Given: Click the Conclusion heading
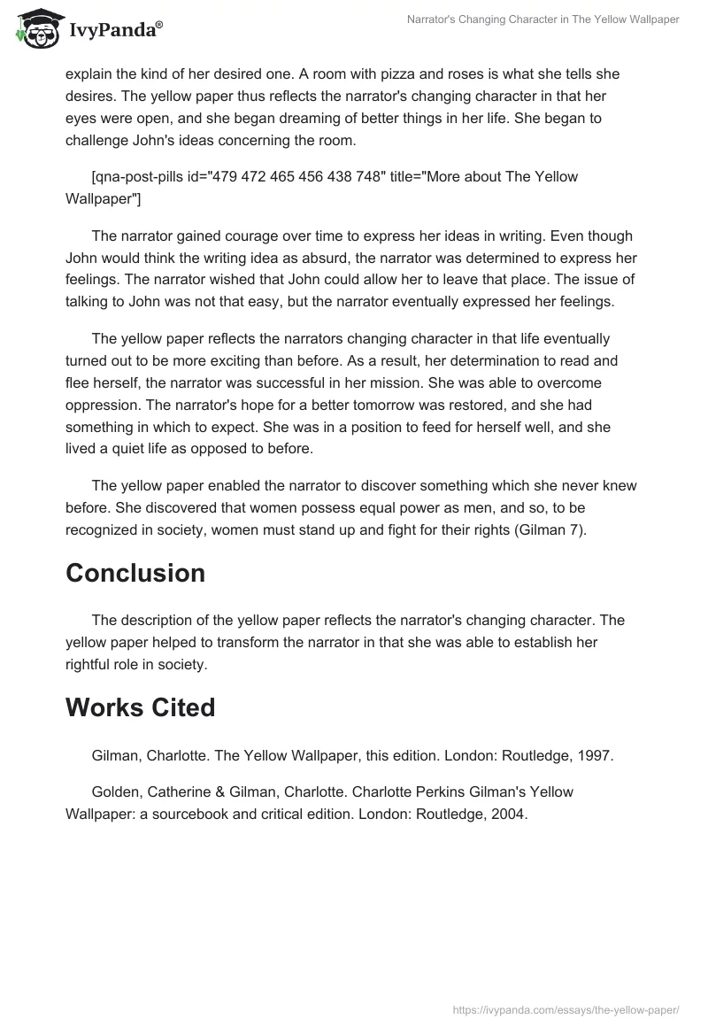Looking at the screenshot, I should [x=135, y=573].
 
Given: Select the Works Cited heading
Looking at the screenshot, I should [x=140, y=707].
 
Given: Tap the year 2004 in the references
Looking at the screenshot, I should [x=510, y=815].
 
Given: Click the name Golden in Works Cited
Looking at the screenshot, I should [x=114, y=792].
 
